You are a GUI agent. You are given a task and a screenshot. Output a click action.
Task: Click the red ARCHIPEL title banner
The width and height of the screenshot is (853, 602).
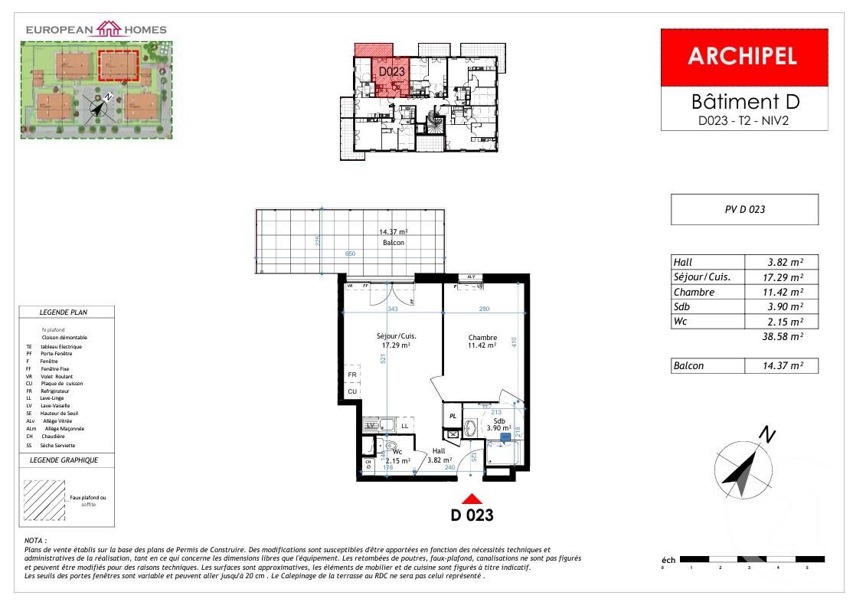tap(744, 57)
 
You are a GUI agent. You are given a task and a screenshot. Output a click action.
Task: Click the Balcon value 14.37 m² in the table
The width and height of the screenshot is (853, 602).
tap(781, 366)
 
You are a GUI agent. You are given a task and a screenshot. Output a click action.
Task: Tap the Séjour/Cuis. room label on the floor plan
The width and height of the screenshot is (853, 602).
tap(396, 337)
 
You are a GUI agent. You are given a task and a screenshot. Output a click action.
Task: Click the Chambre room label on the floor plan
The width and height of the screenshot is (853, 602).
tap(482, 337)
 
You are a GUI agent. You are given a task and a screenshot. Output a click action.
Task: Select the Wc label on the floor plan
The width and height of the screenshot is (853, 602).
tap(397, 451)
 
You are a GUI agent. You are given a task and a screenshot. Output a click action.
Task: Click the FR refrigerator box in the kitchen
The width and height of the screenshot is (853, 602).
tap(351, 375)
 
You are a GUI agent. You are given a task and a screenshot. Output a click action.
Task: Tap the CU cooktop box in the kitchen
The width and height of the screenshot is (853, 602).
tap(351, 391)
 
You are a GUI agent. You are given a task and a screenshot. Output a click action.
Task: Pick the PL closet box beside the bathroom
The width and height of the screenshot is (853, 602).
tap(453, 417)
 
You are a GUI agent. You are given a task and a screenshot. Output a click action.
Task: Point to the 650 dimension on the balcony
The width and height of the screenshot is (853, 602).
tap(350, 254)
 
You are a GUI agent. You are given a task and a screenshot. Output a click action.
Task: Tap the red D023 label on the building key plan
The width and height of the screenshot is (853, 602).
tap(391, 71)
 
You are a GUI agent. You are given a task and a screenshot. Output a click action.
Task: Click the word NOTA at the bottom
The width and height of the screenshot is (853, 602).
tap(36, 541)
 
